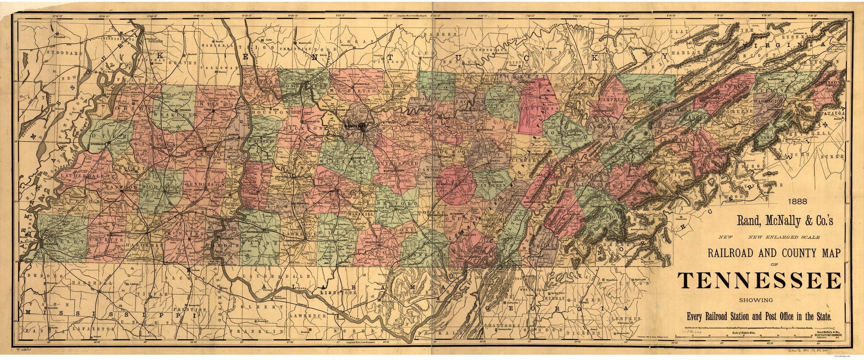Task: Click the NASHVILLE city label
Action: coord(355,126)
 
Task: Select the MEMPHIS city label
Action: coord(51,245)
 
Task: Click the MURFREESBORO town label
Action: coord(397,171)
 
